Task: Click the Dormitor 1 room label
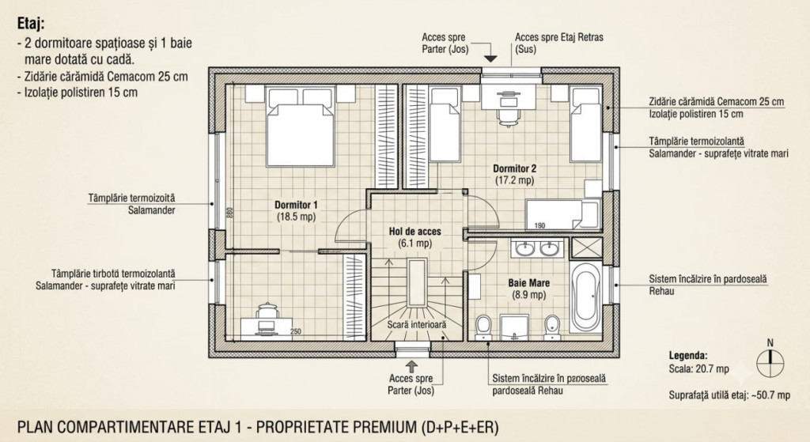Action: pos(296,210)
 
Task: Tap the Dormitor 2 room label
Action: pos(514,174)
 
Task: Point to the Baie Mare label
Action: pos(528,289)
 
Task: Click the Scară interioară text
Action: pos(416,325)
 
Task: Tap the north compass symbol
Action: pos(770,361)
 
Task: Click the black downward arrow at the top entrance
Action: pos(490,58)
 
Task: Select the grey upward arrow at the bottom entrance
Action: pos(411,366)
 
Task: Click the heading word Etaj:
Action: pos(31,23)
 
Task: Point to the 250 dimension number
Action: pos(296,331)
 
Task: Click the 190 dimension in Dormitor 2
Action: pos(539,225)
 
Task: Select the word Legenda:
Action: pos(688,355)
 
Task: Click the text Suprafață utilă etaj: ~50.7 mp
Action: pos(729,395)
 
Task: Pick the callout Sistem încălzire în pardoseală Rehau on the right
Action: pos(708,285)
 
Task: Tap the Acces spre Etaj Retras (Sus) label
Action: pos(559,43)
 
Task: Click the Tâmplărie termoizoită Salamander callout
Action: pos(132,204)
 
